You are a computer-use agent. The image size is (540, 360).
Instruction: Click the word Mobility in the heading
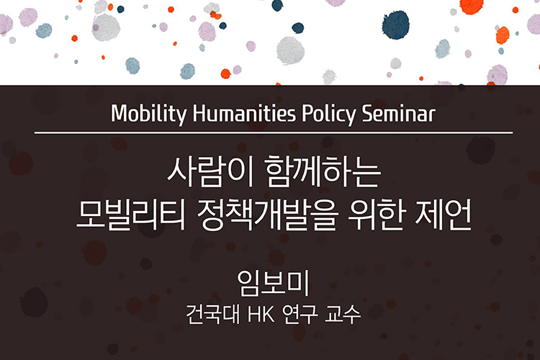tap(149, 114)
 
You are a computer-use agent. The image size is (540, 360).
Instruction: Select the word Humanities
tap(244, 113)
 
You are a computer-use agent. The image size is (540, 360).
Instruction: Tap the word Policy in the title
tap(329, 114)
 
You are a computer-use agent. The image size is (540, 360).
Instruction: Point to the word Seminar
tap(398, 113)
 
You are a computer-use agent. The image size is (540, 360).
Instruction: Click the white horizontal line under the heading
tap(274, 132)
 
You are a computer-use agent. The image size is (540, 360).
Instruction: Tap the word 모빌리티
tap(131, 215)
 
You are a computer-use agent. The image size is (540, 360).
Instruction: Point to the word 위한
tap(375, 215)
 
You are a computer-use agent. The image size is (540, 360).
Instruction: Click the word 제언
tap(444, 215)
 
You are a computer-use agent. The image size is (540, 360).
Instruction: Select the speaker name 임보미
tap(273, 284)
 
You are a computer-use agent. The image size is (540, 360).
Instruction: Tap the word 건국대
tap(213, 314)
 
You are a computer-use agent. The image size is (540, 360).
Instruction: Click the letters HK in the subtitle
tap(261, 314)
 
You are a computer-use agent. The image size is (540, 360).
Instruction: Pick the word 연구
tap(300, 314)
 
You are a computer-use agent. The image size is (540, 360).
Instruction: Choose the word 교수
tap(343, 314)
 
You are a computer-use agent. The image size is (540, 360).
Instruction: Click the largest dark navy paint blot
tap(396, 24)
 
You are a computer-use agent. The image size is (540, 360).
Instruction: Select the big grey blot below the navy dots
tap(290, 50)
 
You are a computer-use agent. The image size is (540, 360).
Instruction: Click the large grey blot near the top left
tap(106, 27)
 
